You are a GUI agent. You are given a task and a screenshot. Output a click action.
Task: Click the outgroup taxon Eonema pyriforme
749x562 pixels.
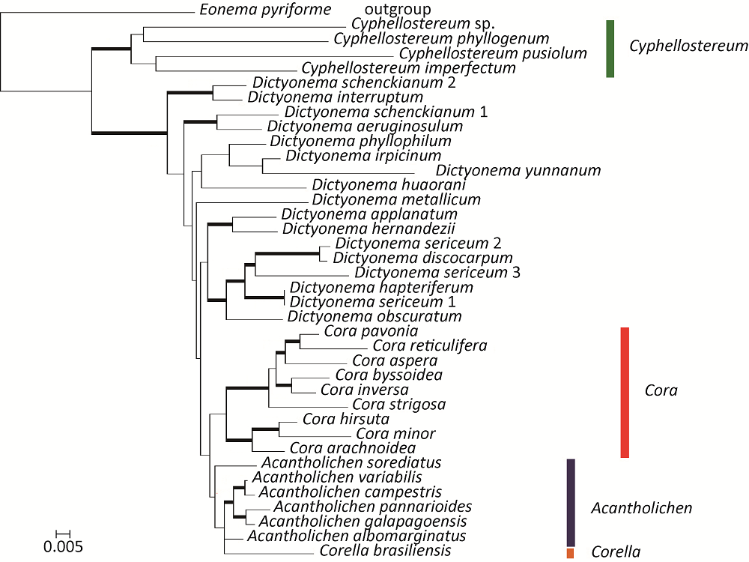tap(265, 10)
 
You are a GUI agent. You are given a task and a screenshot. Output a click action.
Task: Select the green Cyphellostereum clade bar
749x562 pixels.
tap(610, 49)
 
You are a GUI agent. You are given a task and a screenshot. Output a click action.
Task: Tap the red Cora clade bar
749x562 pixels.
tap(625, 392)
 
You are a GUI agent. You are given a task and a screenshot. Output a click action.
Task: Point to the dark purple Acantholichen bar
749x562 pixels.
tap(570, 502)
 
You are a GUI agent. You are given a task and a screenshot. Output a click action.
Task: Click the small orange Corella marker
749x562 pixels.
tap(571, 553)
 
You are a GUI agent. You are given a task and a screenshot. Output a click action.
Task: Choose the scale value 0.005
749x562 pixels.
tap(62, 546)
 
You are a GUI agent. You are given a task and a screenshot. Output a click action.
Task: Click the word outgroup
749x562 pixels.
tap(397, 10)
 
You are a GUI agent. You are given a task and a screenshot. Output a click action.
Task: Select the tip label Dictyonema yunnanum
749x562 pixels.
tap(518, 170)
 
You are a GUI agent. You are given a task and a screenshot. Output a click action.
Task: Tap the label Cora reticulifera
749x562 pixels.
tap(429, 345)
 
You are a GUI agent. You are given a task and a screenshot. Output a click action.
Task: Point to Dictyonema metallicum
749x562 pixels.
tap(396, 199)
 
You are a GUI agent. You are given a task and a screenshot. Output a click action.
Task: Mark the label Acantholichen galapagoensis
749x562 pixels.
tap(363, 521)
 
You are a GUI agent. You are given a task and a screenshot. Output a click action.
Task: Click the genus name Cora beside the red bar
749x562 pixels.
tap(661, 390)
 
